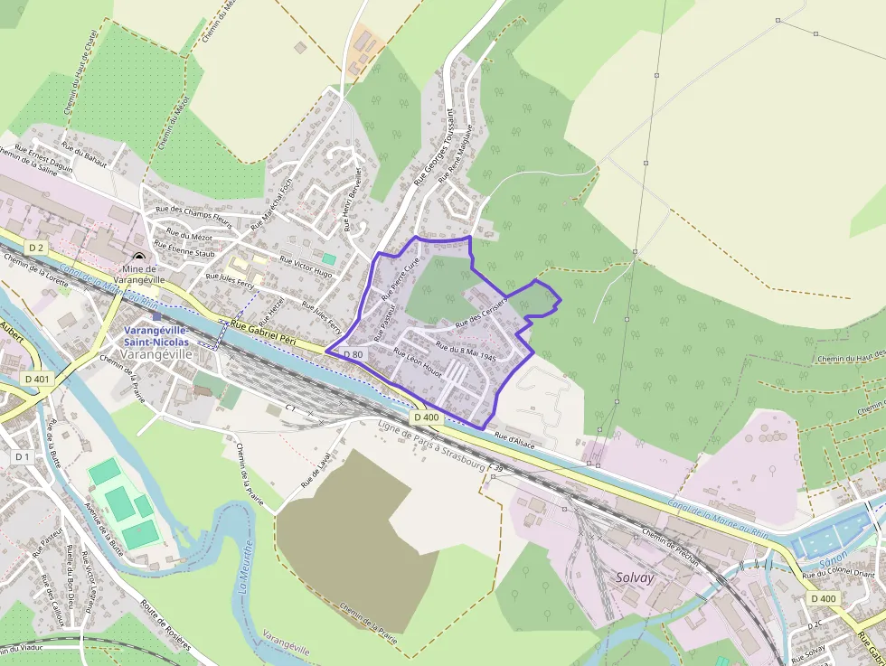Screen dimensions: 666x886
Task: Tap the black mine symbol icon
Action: [x=137, y=258]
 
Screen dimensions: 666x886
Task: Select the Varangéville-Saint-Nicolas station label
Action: [x=156, y=336]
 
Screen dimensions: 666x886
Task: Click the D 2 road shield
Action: [x=36, y=248]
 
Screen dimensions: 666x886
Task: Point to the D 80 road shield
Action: [x=353, y=354]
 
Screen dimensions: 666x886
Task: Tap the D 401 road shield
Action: [x=37, y=379]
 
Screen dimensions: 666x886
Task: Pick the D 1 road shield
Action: [x=23, y=457]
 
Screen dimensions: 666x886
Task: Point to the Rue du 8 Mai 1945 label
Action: [x=466, y=351]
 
